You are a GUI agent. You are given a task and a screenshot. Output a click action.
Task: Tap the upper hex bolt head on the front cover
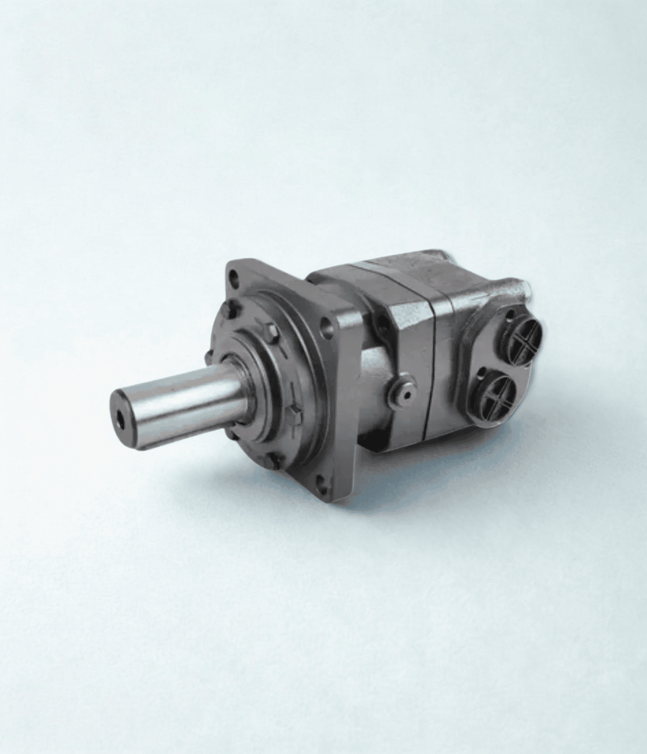tap(271, 332)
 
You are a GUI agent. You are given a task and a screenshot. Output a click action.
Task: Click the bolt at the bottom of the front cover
tap(273, 460)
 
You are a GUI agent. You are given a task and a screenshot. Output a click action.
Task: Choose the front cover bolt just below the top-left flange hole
tap(232, 309)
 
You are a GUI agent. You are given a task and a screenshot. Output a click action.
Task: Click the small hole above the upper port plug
tap(509, 311)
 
